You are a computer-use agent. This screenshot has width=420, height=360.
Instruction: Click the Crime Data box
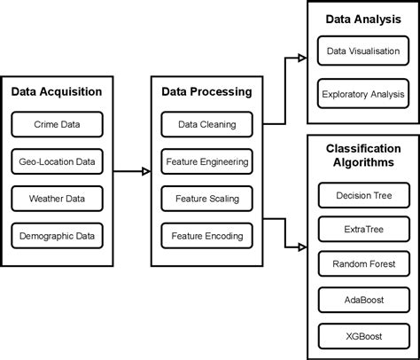click(57, 124)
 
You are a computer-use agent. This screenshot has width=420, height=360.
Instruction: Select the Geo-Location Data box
click(57, 161)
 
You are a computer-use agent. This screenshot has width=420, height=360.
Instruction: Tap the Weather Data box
click(57, 199)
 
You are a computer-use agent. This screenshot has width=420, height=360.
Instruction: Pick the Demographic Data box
click(57, 236)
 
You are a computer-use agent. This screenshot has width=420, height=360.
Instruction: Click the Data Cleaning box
click(206, 124)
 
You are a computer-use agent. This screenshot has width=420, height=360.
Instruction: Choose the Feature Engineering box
click(206, 161)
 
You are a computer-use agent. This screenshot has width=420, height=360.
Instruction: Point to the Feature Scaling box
click(206, 199)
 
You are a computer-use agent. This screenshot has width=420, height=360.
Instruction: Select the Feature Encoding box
click(206, 236)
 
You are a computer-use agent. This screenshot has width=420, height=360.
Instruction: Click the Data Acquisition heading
click(57, 91)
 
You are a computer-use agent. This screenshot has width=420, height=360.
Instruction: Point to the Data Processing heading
click(206, 91)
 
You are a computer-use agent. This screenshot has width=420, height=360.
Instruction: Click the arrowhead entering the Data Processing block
click(145, 171)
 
